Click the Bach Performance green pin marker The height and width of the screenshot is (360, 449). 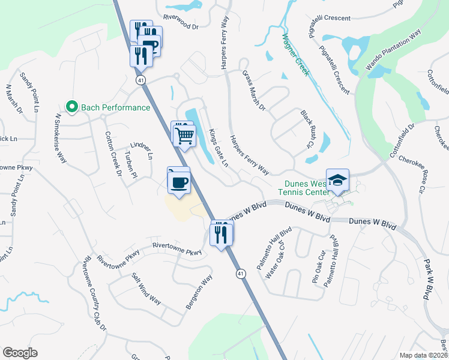(72, 107)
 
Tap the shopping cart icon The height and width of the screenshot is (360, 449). (185, 134)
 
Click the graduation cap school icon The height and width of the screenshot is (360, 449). (338, 181)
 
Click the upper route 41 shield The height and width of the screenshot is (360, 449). (140, 80)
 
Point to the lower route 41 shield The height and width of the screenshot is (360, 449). (240, 274)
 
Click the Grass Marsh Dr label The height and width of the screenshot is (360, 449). (253, 91)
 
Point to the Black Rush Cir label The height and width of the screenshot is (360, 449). (307, 128)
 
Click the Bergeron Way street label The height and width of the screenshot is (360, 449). (199, 292)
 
